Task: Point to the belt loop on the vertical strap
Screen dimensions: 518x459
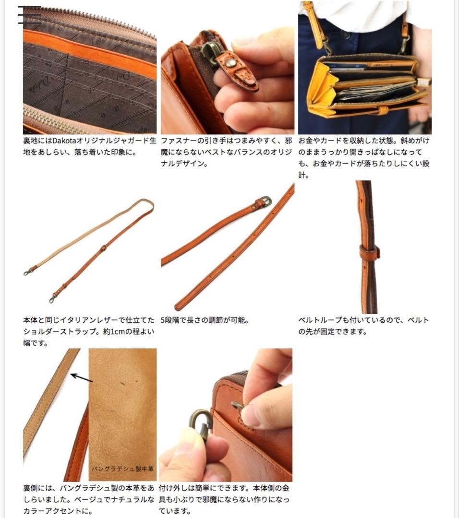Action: (x=369, y=252)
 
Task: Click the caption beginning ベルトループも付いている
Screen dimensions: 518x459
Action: (x=363, y=326)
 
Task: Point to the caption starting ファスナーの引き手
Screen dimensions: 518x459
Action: (x=227, y=153)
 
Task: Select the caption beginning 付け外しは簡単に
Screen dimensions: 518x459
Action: (x=224, y=499)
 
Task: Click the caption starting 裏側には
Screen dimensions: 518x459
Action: (x=89, y=499)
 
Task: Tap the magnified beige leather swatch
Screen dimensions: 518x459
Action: (x=122, y=408)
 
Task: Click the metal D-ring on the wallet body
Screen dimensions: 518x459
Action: (x=237, y=406)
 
